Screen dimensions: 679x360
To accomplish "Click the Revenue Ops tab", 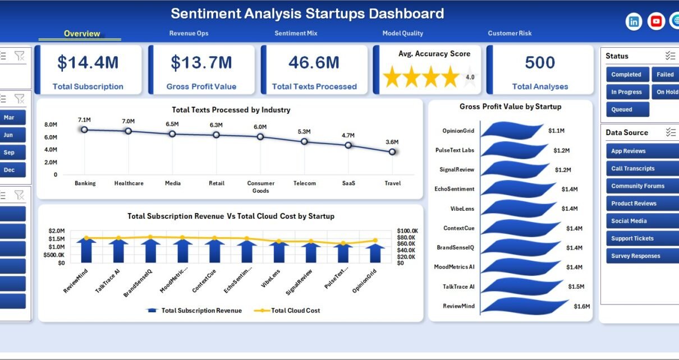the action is (x=189, y=33).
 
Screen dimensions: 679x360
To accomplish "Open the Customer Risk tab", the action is (x=510, y=33).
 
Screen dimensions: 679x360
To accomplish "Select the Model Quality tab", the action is (x=402, y=33).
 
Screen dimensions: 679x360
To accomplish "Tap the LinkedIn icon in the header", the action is (x=634, y=21).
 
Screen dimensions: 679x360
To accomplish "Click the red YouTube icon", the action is (x=656, y=21).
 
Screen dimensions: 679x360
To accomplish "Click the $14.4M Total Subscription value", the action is (x=88, y=62).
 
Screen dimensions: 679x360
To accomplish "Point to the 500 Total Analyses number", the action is (x=540, y=62).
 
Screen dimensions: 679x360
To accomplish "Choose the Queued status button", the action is (x=627, y=109).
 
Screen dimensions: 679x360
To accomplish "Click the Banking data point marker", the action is (x=84, y=130).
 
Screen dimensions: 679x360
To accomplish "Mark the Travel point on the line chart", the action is (x=392, y=152).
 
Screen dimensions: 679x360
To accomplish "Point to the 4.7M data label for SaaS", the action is (x=348, y=136).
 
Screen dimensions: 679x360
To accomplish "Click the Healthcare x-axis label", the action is (x=129, y=183).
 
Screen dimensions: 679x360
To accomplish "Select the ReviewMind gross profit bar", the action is (x=525, y=306).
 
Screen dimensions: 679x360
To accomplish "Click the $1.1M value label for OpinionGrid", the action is (x=556, y=131).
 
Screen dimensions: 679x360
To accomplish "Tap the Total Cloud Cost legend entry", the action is (x=287, y=311).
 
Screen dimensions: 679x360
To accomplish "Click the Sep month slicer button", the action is (x=12, y=153).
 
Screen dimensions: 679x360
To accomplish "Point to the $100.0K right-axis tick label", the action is (x=407, y=231).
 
